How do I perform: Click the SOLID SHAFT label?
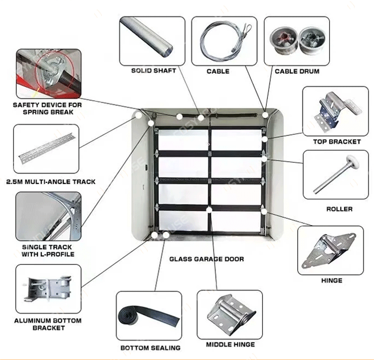click(x=154, y=71)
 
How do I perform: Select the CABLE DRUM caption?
click(x=297, y=71)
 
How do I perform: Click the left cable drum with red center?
click(x=284, y=40)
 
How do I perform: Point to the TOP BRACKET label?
click(x=337, y=142)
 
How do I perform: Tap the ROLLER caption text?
click(x=340, y=209)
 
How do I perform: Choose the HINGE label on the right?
click(x=332, y=281)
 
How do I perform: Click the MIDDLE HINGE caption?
click(x=230, y=345)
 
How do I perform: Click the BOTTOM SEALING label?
click(x=150, y=348)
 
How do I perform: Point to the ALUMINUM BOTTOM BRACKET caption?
click(x=48, y=324)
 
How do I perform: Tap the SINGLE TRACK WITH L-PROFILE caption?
click(x=48, y=250)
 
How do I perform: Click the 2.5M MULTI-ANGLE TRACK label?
click(x=51, y=182)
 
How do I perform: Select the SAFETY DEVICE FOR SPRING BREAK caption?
click(x=47, y=108)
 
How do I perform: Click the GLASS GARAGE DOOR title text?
click(x=206, y=259)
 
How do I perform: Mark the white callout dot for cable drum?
click(x=265, y=115)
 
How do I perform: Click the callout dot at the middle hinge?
click(x=209, y=210)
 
